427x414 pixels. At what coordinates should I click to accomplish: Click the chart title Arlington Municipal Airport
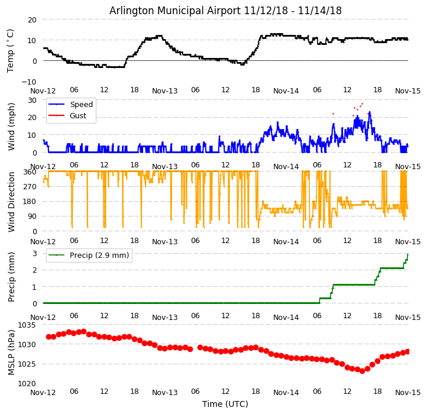225,11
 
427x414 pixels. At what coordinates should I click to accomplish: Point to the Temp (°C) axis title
11,50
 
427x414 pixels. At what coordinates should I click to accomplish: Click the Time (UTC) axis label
225,405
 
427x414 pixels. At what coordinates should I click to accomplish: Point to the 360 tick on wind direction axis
30,172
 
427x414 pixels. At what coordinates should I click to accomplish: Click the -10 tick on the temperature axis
30,82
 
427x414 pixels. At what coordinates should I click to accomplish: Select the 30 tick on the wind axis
33,101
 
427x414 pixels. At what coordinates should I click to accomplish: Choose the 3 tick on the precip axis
35,253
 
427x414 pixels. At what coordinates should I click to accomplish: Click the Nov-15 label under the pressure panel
408,393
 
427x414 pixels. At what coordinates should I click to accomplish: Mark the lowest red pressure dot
362,371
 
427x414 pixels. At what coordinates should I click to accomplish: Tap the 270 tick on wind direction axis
30,186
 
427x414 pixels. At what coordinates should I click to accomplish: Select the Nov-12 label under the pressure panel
43,393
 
